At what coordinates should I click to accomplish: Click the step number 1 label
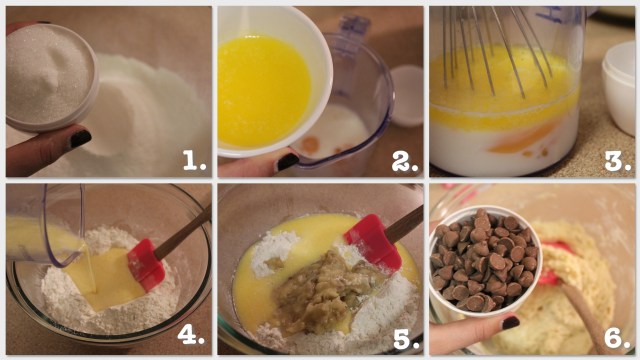click(194, 160)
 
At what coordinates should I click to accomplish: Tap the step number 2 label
click(405, 162)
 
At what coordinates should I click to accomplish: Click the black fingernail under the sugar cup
click(80, 139)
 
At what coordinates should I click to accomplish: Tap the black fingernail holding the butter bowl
click(288, 162)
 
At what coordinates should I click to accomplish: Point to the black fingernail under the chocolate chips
click(510, 323)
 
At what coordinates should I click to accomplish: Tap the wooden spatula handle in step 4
click(183, 232)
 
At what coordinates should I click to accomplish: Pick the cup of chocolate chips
click(485, 261)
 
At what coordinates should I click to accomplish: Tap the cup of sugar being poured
click(51, 77)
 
